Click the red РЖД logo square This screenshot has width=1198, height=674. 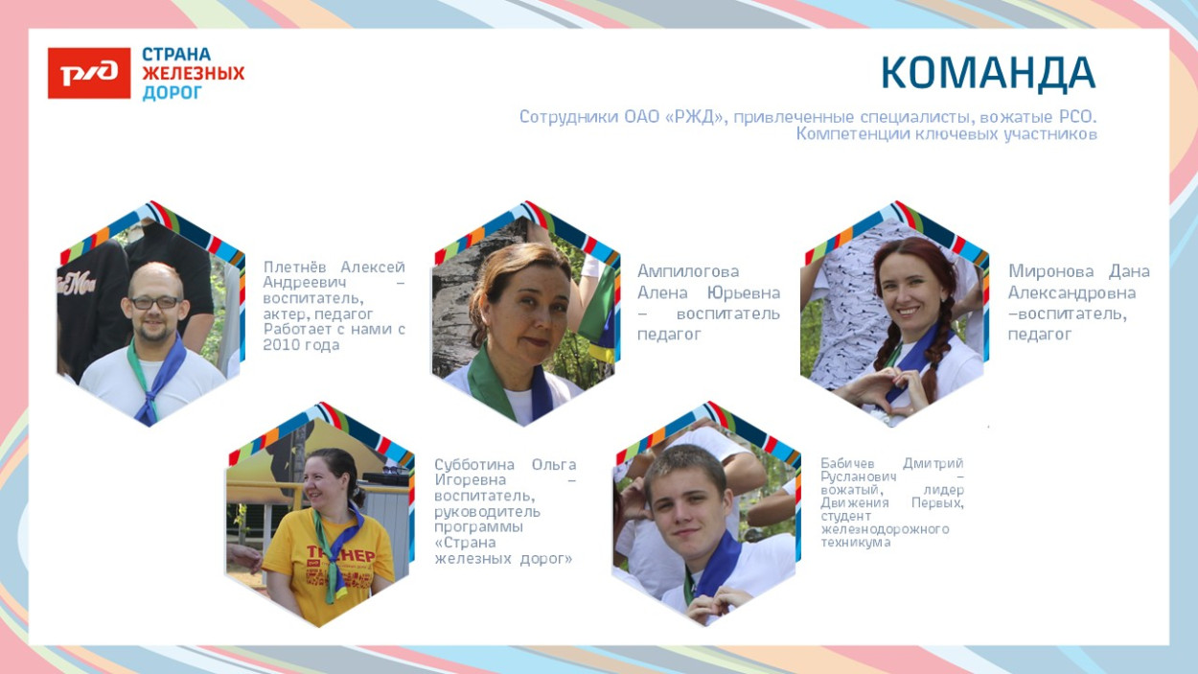point(89,73)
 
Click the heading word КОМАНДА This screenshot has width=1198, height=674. point(987,74)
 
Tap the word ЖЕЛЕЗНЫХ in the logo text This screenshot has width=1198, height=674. point(193,73)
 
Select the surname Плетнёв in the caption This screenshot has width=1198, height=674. point(299,267)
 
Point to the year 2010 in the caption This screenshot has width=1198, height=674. point(283,345)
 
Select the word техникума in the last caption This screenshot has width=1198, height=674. point(855,543)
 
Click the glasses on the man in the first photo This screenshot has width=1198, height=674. point(154,302)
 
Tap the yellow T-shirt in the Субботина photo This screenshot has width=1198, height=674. point(326,566)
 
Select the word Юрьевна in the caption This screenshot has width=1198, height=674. point(743,292)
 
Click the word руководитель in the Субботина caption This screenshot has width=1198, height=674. point(487,511)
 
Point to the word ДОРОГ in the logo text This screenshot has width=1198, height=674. point(173,93)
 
